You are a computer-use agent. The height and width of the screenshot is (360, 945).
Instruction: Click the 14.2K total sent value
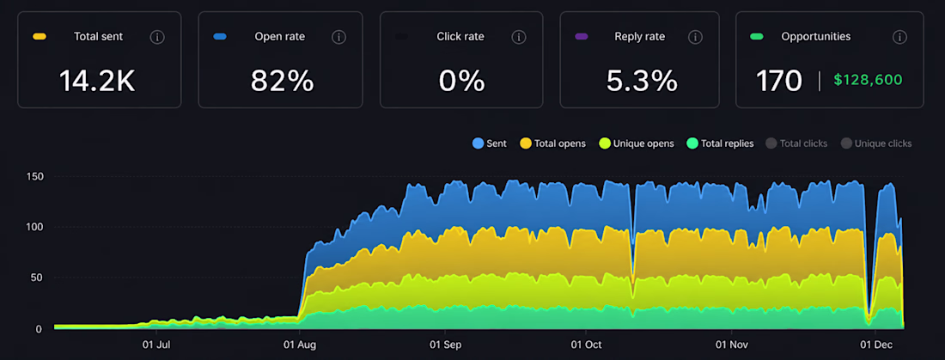(x=97, y=81)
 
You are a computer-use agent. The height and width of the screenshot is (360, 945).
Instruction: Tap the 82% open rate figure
(x=282, y=81)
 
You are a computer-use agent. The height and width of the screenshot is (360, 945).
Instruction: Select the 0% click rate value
(x=461, y=81)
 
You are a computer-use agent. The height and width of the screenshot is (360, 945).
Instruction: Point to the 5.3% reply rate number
(x=642, y=81)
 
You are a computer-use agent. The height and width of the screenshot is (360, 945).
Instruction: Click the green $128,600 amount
(x=869, y=80)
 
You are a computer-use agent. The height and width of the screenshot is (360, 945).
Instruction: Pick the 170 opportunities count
(x=779, y=81)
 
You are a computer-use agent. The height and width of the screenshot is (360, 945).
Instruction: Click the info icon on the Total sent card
(x=156, y=38)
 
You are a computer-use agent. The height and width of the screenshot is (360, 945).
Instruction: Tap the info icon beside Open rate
(x=338, y=38)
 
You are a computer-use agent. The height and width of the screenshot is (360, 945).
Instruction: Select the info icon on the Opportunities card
(x=899, y=38)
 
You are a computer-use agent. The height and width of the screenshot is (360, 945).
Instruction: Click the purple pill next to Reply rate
(x=581, y=37)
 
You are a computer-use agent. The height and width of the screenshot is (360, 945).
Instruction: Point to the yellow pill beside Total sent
(x=40, y=37)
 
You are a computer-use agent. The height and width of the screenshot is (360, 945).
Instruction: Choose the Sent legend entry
(x=490, y=143)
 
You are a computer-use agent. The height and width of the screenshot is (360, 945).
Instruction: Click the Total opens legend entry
(x=552, y=143)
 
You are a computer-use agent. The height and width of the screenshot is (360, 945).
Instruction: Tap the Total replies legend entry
(x=720, y=143)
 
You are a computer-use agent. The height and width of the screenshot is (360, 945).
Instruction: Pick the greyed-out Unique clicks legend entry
(x=876, y=143)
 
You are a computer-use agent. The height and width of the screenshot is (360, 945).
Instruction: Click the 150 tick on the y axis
(x=34, y=176)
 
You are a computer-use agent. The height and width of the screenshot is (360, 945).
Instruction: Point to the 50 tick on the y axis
(x=36, y=278)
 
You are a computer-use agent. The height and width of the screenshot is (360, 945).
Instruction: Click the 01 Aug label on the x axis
(x=300, y=345)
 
